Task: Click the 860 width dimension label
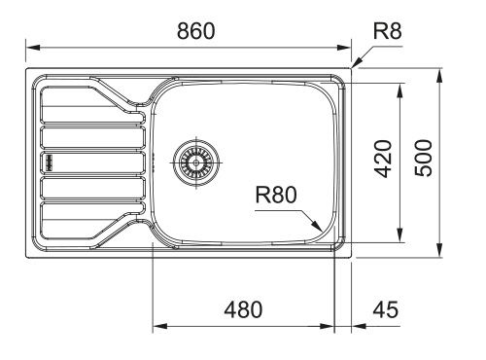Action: (x=195, y=31)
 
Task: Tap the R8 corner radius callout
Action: (x=388, y=31)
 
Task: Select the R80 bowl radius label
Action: (x=276, y=195)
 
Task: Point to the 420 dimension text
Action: (x=383, y=159)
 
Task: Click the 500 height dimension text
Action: (x=424, y=158)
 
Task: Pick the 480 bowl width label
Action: (x=243, y=309)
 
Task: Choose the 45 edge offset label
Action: (x=386, y=309)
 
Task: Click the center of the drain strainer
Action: (x=196, y=162)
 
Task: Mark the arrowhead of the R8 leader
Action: (x=358, y=62)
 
